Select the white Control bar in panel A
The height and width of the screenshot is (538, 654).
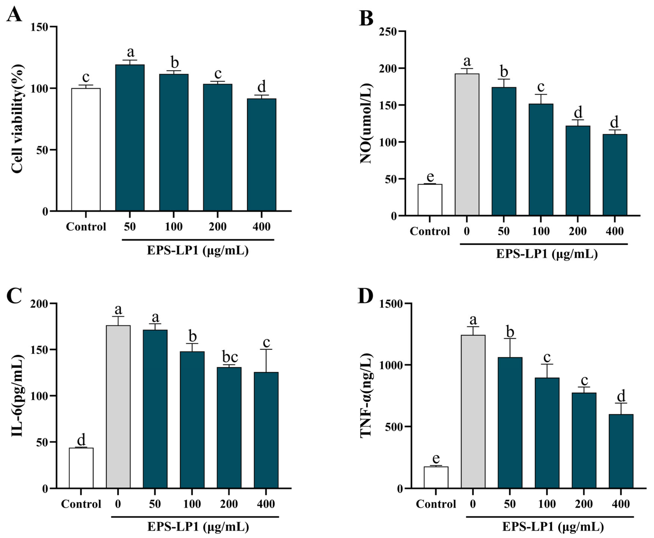86,150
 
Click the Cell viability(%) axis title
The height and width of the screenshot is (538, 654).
18,119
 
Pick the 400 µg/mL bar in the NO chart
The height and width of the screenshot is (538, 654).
615,175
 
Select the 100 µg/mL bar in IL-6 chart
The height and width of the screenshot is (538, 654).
192,420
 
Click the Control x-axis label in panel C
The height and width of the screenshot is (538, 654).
81,504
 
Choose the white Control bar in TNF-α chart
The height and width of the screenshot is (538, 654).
436,477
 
